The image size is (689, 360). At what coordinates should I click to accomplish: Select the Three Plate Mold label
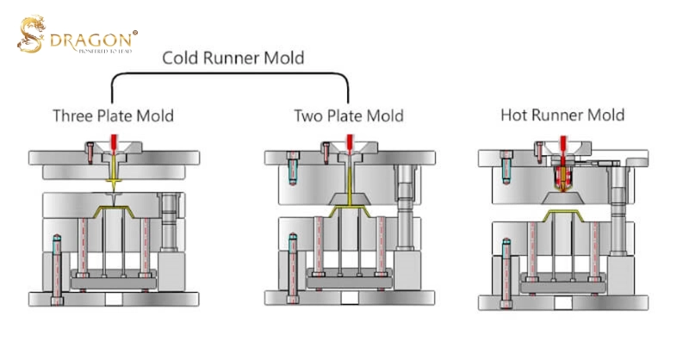pos(113,115)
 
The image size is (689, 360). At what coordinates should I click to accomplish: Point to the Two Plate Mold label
pos(348,115)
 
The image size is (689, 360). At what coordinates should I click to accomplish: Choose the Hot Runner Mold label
pos(562,115)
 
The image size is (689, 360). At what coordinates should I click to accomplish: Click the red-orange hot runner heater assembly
pos(562,178)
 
